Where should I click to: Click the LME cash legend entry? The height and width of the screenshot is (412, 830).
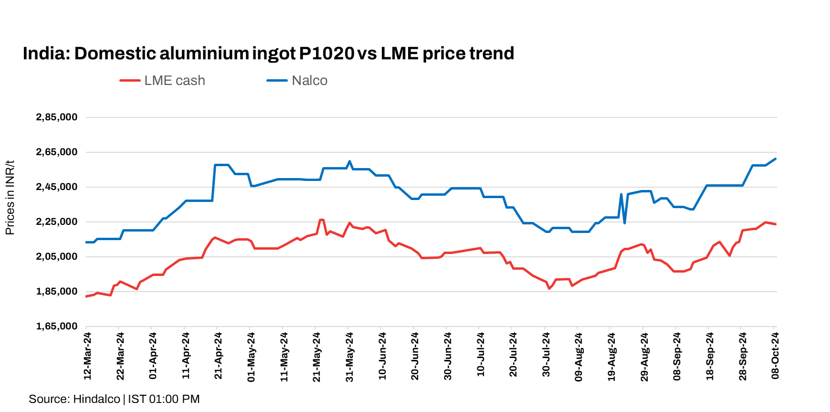(x=162, y=81)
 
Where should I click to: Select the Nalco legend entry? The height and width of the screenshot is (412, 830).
(x=297, y=81)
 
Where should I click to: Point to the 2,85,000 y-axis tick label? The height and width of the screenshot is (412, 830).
(x=56, y=117)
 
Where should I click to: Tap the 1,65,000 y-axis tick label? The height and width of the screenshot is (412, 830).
(x=56, y=327)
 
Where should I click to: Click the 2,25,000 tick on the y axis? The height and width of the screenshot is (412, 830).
(x=56, y=222)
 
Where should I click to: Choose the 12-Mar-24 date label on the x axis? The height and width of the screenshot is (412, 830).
(x=87, y=356)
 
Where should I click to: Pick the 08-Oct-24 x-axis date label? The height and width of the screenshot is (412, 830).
(x=775, y=356)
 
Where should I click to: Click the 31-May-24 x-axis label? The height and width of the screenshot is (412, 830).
(x=349, y=356)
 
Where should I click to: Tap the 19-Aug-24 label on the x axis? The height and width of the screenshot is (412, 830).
(x=611, y=356)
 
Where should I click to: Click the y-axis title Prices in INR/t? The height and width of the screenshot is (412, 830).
(x=10, y=198)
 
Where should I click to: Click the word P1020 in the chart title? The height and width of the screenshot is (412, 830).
(x=326, y=53)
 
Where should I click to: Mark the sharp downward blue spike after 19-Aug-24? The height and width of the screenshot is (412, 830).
(x=624, y=223)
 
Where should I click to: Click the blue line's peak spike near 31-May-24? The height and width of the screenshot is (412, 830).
(x=349, y=161)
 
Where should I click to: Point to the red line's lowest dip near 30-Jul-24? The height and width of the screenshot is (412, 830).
(x=549, y=288)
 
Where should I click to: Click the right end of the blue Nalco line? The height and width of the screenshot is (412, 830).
(x=776, y=159)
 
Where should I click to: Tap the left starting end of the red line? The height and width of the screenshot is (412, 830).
(x=86, y=296)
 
